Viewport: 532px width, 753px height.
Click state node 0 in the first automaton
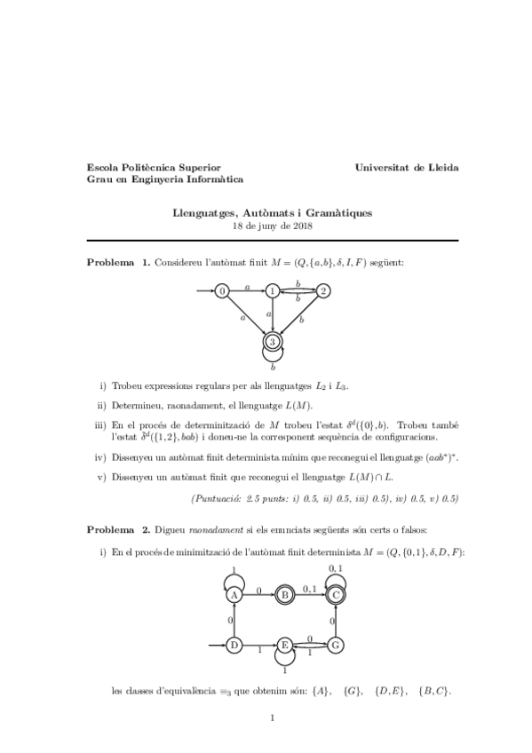[222, 290]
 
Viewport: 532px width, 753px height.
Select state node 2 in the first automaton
[323, 290]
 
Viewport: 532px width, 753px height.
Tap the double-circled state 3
[274, 341]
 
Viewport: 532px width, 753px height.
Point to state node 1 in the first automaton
[273, 290]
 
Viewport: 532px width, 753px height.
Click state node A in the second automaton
[234, 596]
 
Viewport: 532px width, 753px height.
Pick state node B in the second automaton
[286, 596]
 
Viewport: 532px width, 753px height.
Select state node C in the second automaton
[336, 596]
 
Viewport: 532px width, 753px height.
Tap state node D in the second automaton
[234, 645]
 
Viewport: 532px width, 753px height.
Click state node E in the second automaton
[285, 645]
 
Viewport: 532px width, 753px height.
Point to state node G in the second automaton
[336, 645]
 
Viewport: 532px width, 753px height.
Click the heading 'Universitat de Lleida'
[406, 166]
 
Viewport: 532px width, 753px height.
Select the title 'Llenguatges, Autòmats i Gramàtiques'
[272, 213]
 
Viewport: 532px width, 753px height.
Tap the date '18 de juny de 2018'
[272, 226]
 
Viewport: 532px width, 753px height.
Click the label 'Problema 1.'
[118, 263]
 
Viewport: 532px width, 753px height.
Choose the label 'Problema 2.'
[118, 529]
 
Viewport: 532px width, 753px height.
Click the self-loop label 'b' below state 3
[274, 366]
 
